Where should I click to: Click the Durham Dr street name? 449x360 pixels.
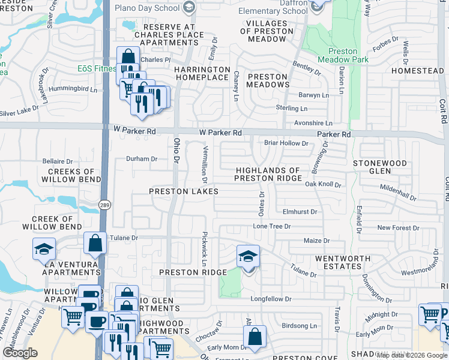[x=141, y=159]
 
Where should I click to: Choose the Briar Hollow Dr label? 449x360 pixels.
[x=286, y=143]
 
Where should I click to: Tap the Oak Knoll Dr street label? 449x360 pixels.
[x=322, y=185]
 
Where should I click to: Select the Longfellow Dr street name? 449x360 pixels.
[x=271, y=299]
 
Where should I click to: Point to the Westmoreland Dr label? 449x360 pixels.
[x=423, y=271]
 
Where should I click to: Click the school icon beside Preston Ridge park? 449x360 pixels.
[x=248, y=256]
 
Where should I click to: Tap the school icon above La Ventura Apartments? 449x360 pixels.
[x=44, y=248]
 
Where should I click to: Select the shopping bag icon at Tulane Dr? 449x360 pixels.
[x=95, y=243]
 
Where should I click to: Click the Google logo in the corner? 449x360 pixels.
[x=20, y=353]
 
